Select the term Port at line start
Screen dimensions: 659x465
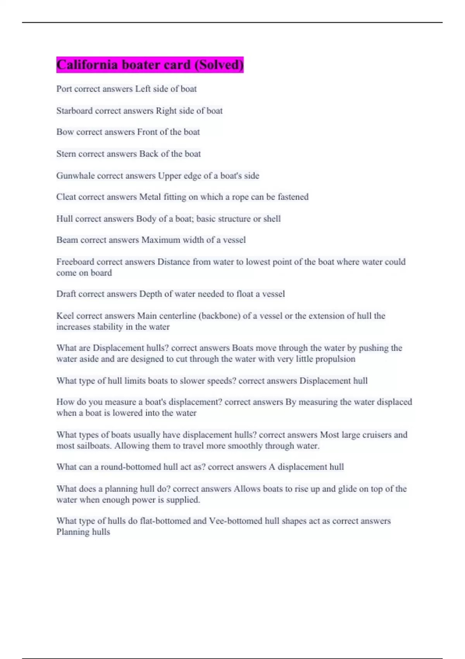(x=64, y=89)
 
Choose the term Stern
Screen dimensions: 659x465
(x=66, y=154)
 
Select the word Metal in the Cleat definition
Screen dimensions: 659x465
(x=150, y=197)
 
